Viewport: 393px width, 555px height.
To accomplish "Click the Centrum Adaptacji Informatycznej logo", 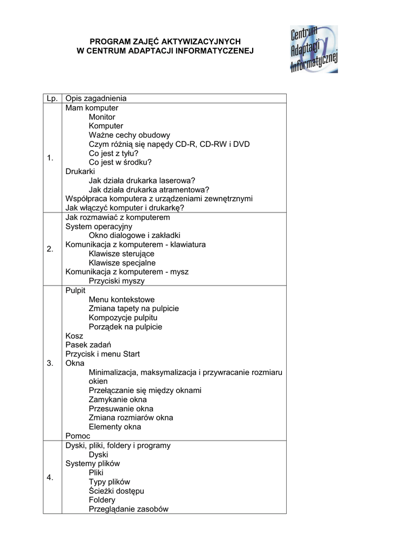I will [314, 49].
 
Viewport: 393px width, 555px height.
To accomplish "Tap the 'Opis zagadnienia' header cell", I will [96, 98].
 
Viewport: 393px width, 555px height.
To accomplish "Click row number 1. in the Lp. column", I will [50, 158].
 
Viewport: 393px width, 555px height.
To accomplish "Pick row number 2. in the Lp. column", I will [50, 249].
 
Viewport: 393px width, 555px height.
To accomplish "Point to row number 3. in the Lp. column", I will [50, 363].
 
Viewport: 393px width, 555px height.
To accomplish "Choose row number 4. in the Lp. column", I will [50, 477].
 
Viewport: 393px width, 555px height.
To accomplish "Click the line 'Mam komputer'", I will [92, 108].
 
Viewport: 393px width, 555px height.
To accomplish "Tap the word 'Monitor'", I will [102, 117].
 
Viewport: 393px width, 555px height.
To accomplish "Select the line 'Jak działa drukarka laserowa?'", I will [142, 180].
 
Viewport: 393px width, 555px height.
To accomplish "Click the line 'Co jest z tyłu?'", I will [113, 153].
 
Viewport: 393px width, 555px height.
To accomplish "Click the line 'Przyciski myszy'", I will [117, 281].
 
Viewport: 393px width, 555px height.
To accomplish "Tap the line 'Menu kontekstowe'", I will [121, 299].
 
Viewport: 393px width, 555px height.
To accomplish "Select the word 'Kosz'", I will [74, 336].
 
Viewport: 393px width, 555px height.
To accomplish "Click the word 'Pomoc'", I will [78, 436].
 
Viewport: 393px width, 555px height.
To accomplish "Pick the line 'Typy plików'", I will [109, 482].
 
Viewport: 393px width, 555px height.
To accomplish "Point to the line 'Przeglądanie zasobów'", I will [128, 509].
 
